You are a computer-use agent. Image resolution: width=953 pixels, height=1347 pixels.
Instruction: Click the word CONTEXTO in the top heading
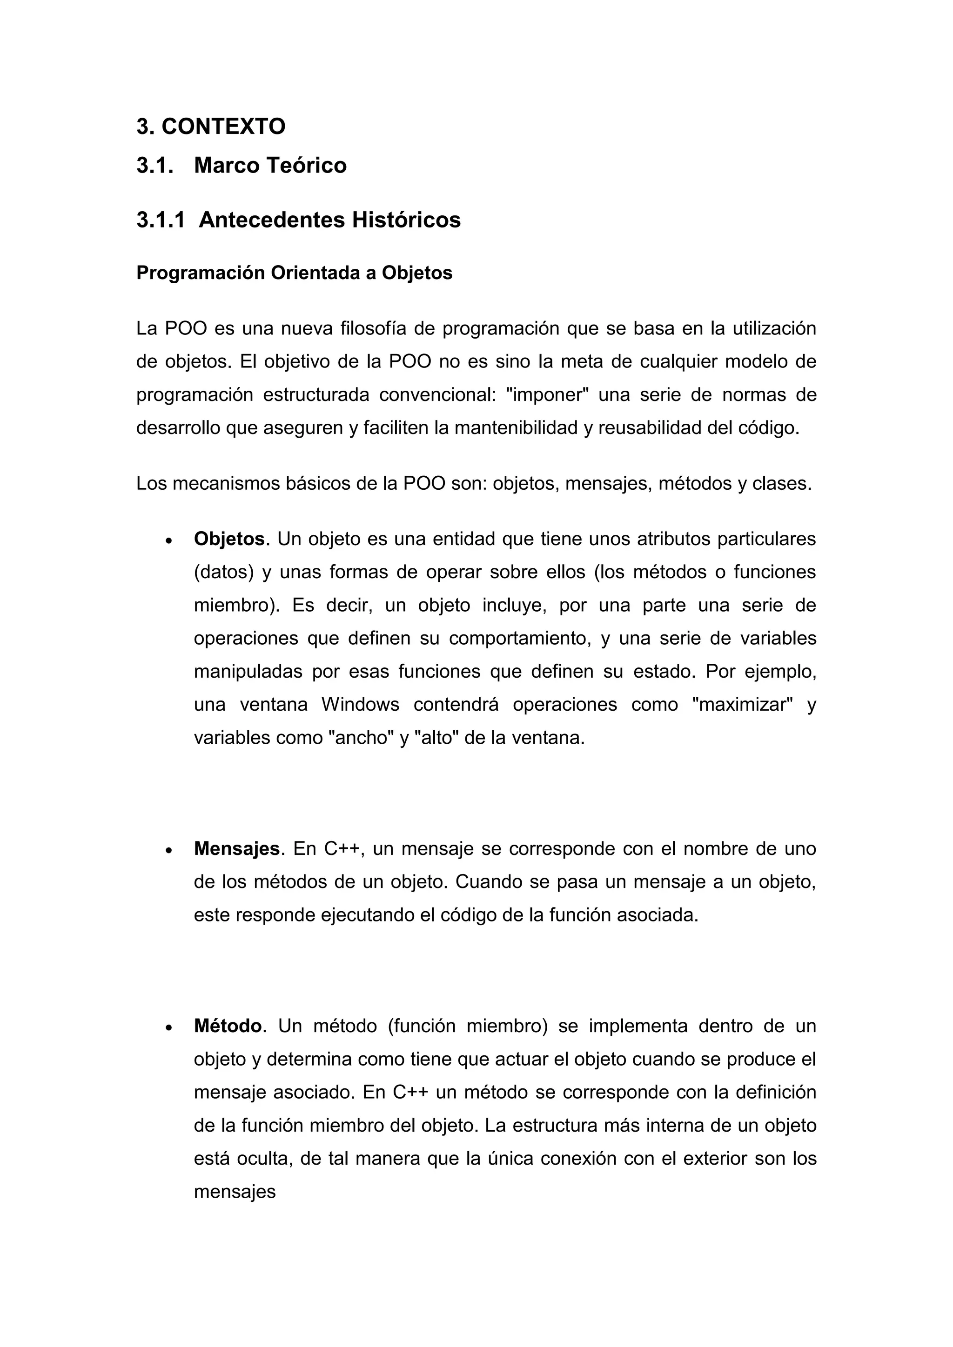(x=223, y=126)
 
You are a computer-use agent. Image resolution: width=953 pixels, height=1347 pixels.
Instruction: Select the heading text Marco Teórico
(x=270, y=166)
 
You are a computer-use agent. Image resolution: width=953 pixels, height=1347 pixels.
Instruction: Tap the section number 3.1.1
(x=160, y=220)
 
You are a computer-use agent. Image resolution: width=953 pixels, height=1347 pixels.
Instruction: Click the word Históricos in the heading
(x=406, y=220)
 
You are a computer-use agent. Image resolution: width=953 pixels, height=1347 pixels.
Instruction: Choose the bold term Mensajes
(x=236, y=849)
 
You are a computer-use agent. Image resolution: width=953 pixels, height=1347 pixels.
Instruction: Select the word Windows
(x=360, y=705)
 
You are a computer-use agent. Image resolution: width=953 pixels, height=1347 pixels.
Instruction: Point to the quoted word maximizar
(x=742, y=705)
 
